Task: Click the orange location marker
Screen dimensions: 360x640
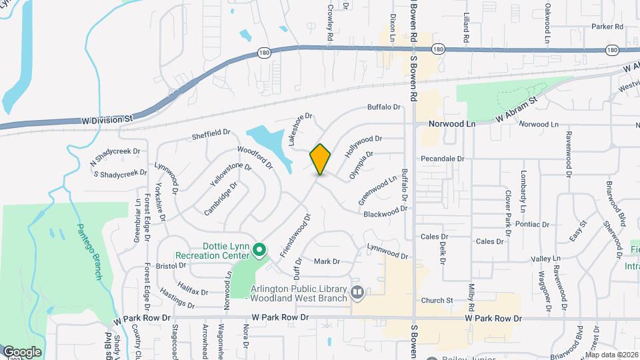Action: tap(320, 159)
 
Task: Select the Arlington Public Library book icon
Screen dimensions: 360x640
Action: tap(357, 292)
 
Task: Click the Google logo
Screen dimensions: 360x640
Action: tap(21, 352)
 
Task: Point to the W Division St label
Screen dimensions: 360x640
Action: tap(105, 119)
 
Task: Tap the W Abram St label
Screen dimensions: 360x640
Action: tap(516, 110)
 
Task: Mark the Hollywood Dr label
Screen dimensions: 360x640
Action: tap(363, 146)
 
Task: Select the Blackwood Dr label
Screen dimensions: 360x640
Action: tap(385, 211)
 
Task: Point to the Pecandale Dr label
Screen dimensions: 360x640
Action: tap(442, 159)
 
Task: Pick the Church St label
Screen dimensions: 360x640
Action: tap(437, 301)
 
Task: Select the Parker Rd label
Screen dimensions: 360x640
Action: tap(607, 27)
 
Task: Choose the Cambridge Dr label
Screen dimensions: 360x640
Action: tap(221, 199)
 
